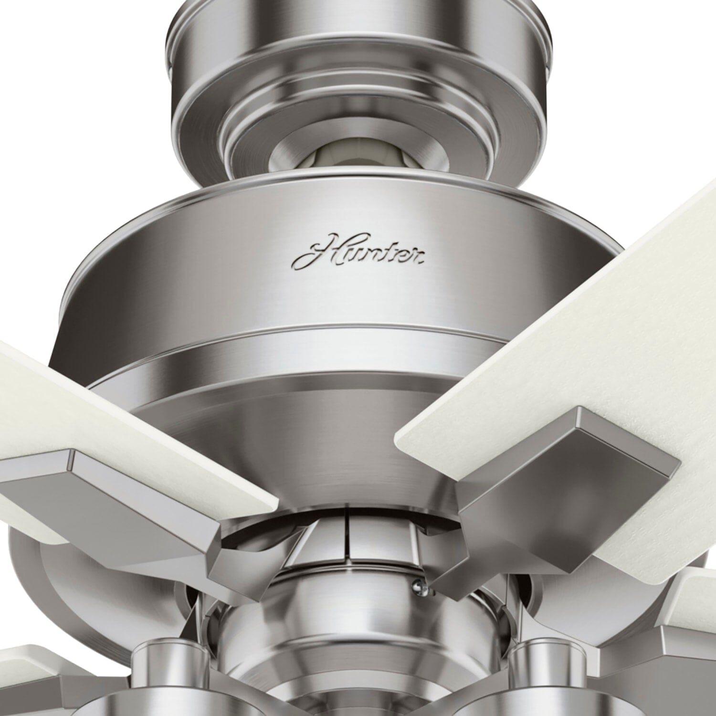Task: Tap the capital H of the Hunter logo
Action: click(x=317, y=253)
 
